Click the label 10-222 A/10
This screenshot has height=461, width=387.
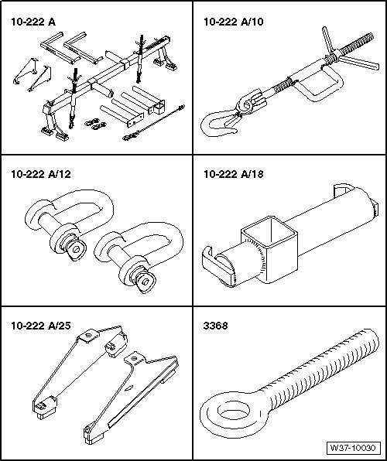point(234,22)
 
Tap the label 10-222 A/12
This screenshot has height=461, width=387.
point(40,174)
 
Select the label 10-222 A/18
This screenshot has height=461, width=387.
point(234,174)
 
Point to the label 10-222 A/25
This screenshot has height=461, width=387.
point(40,326)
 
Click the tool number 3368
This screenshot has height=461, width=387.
point(215,326)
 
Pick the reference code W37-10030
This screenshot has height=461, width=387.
point(353,449)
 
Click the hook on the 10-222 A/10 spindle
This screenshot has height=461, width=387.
point(219,124)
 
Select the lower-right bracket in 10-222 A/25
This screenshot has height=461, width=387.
point(131,397)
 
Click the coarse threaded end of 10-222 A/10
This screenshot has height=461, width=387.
point(357,43)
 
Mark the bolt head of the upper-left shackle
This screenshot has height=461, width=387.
point(76,250)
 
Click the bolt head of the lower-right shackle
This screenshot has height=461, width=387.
point(145,282)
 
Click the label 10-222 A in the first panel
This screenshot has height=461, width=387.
point(33,22)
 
